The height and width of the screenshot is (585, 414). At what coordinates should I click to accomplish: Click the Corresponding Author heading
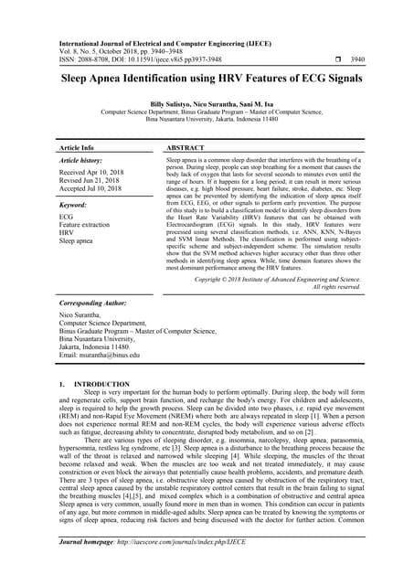click(x=97, y=301)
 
